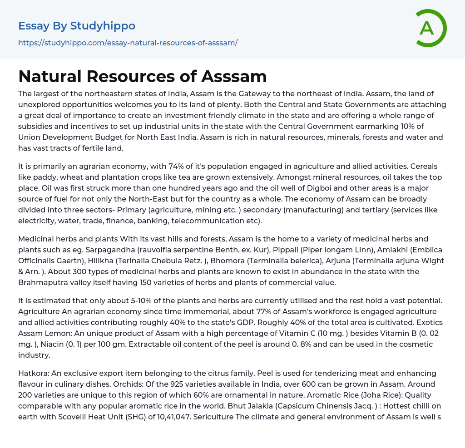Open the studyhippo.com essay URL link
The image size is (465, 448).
click(128, 43)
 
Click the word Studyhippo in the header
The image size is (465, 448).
click(103, 26)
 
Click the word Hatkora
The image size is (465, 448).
click(34, 373)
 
